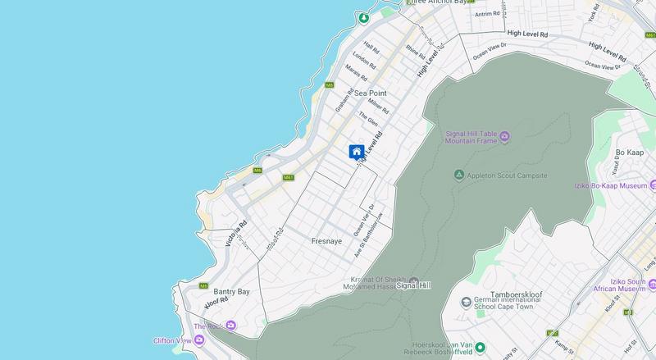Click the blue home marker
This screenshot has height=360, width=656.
(x=357, y=152)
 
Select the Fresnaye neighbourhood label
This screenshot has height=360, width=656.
(x=326, y=242)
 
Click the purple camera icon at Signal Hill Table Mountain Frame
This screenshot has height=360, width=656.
(x=504, y=135)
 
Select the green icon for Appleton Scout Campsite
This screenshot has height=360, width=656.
(x=459, y=175)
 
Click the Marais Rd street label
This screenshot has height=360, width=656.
(x=354, y=73)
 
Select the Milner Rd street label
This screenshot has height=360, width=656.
(x=378, y=107)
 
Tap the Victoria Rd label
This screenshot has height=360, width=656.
(x=237, y=232)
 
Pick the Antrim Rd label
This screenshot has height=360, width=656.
(x=486, y=14)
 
